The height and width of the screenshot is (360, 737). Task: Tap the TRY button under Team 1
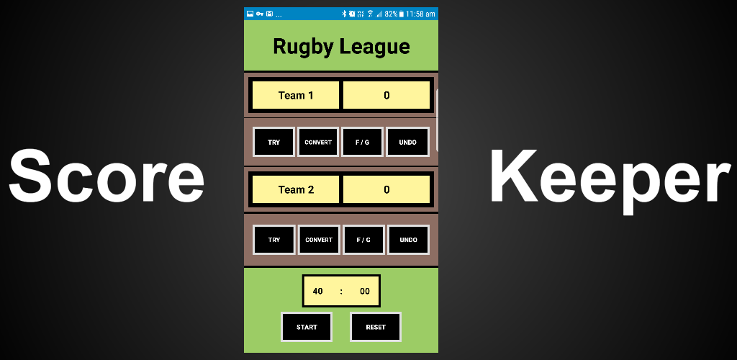click(x=274, y=142)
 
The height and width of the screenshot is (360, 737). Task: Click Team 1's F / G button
click(x=363, y=142)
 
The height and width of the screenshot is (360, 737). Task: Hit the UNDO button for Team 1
click(x=407, y=142)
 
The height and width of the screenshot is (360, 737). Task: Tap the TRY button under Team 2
click(x=274, y=240)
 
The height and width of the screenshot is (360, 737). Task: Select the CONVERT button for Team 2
click(x=319, y=240)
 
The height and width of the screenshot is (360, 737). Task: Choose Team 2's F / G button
click(x=363, y=240)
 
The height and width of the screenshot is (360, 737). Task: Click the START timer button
click(x=307, y=327)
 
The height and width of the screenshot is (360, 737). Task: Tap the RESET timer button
click(x=376, y=327)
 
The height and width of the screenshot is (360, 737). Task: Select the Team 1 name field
click(x=296, y=95)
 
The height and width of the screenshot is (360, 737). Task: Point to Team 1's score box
click(x=386, y=95)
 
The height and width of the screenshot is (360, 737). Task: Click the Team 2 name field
click(x=296, y=190)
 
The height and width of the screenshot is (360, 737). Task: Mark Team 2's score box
click(x=386, y=190)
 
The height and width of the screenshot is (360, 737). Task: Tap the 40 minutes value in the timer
click(x=318, y=292)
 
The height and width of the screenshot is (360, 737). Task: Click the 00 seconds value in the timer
click(x=365, y=292)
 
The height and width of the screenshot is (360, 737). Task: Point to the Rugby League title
click(x=341, y=47)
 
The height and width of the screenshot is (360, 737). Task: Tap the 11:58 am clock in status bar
click(x=420, y=14)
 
